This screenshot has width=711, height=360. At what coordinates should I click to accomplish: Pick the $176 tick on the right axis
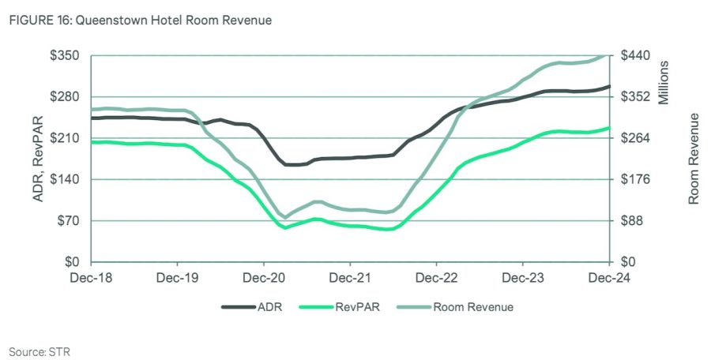[x=634, y=179]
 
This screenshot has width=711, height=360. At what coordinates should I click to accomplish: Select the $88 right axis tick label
[x=631, y=220]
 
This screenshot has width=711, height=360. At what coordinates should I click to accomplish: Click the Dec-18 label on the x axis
[x=90, y=278]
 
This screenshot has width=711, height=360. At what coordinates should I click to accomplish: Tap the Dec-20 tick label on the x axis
[x=263, y=278]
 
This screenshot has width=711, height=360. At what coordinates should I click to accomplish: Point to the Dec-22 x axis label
[x=436, y=278]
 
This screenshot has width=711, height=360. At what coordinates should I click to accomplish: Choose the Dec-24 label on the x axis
[x=609, y=278]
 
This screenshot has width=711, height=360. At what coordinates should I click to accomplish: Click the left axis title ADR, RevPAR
[x=37, y=159]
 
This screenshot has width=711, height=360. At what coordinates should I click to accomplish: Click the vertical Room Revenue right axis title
[x=694, y=159]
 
